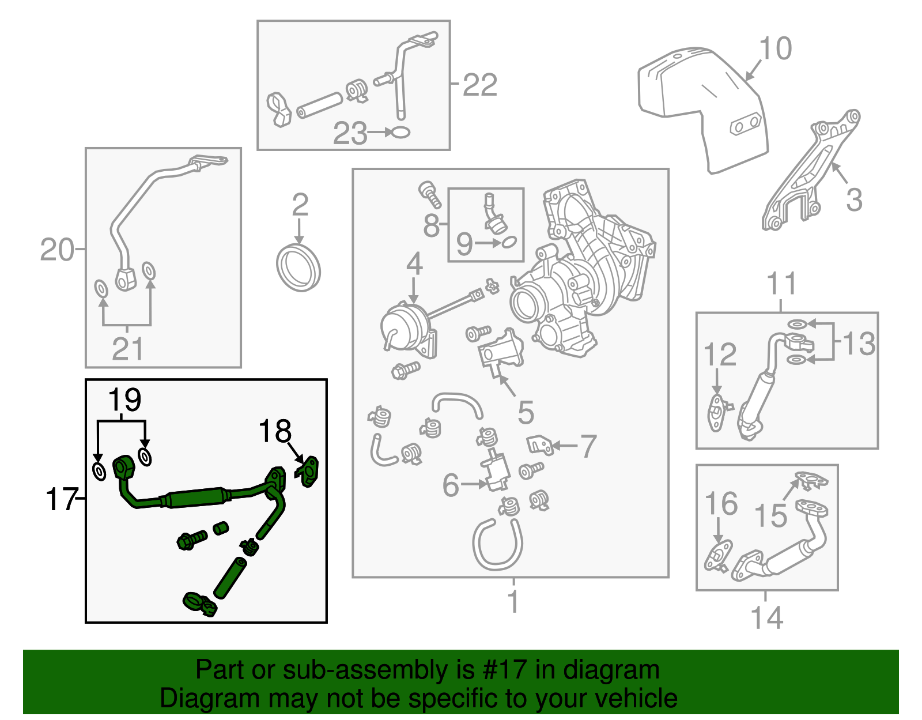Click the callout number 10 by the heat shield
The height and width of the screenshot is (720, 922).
[x=776, y=48]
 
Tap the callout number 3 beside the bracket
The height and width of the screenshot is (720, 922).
[x=854, y=200]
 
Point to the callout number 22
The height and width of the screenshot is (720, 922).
[x=480, y=85]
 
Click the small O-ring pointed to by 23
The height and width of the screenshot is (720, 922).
[x=401, y=133]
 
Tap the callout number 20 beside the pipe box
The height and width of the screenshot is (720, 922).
[x=57, y=250]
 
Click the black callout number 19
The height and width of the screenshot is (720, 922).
[x=124, y=399]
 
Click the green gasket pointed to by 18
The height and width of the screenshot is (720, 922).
[x=309, y=472]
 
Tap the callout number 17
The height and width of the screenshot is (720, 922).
[x=62, y=499]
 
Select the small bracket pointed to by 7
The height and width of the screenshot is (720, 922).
[x=540, y=444]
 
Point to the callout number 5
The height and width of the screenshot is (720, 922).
[x=526, y=412]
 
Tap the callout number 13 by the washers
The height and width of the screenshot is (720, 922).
[x=859, y=344]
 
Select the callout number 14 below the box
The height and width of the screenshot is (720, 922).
[x=767, y=618]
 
